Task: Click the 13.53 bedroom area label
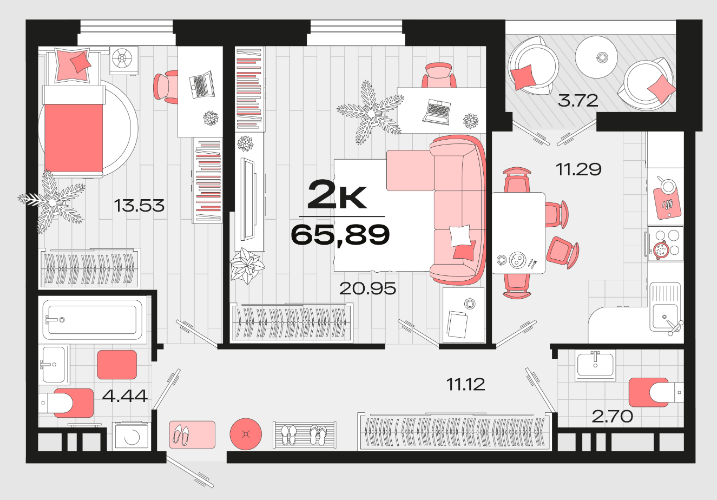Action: pyautogui.click(x=139, y=206)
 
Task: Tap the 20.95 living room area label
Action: pyautogui.click(x=367, y=288)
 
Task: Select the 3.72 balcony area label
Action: pyautogui.click(x=578, y=101)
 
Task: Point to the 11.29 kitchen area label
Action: pyautogui.click(x=578, y=169)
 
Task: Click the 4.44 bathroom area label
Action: pyautogui.click(x=125, y=396)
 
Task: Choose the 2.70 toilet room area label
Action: pyautogui.click(x=612, y=417)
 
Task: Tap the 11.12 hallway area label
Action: pyautogui.click(x=466, y=384)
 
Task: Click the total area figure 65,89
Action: pyautogui.click(x=340, y=235)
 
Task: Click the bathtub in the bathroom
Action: pyautogui.click(x=93, y=319)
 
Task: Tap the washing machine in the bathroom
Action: pyautogui.click(x=131, y=436)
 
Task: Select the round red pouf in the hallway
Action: pyautogui.click(x=246, y=434)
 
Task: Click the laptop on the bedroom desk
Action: pyautogui.click(x=202, y=84)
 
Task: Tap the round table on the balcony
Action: pyautogui.click(x=596, y=57)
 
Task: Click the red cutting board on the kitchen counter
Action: pyautogui.click(x=667, y=202)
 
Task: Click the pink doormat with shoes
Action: pyautogui.click(x=192, y=435)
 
